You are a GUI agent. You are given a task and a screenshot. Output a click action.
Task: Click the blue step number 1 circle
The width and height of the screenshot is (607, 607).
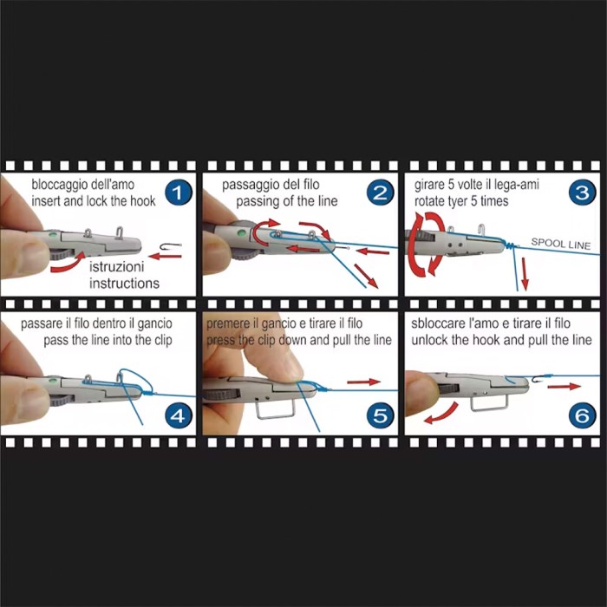click(x=177, y=193)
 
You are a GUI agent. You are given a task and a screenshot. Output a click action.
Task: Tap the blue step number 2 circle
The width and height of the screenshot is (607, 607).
click(x=380, y=193)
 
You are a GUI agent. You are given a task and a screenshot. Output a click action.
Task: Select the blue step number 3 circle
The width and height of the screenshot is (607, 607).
click(x=582, y=193)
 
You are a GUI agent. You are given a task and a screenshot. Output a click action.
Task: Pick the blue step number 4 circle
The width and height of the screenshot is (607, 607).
click(x=177, y=415)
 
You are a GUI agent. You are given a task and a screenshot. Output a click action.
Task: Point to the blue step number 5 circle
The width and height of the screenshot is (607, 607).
click(x=380, y=415)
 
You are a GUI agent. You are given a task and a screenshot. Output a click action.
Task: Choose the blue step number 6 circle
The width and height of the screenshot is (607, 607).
click(x=582, y=415)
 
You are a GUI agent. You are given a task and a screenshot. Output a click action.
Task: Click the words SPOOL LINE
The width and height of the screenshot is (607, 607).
click(x=561, y=244)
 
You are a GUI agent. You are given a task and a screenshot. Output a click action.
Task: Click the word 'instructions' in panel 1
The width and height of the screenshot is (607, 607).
click(x=124, y=284)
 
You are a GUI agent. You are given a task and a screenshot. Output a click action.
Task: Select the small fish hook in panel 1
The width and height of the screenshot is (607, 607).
click(x=171, y=246)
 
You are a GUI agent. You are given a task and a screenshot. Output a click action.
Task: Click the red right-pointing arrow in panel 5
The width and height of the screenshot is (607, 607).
click(x=364, y=382)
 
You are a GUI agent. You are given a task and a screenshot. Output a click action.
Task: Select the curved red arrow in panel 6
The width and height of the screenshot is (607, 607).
click(x=441, y=414)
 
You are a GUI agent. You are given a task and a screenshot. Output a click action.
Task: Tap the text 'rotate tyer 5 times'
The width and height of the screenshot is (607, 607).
click(x=461, y=201)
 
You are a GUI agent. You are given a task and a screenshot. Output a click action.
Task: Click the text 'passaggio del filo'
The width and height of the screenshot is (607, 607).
click(x=271, y=185)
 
